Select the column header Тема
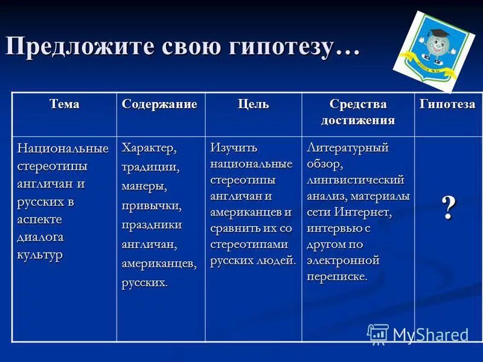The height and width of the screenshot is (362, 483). point(65,104)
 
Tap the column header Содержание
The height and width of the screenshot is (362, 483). point(159,104)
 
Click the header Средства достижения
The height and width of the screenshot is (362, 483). point(358,111)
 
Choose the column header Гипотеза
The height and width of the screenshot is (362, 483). point(447,104)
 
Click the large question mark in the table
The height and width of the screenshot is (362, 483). point(448,208)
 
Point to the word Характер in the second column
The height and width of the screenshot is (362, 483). point(149,148)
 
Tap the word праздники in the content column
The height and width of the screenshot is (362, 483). point(152,224)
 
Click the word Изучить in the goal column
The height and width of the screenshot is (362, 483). point(234,148)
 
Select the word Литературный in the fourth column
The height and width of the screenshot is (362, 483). point(348,148)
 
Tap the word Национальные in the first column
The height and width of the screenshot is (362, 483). point(63,148)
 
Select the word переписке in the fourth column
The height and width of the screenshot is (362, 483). point(336,277)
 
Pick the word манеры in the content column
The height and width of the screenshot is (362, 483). point(144,186)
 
